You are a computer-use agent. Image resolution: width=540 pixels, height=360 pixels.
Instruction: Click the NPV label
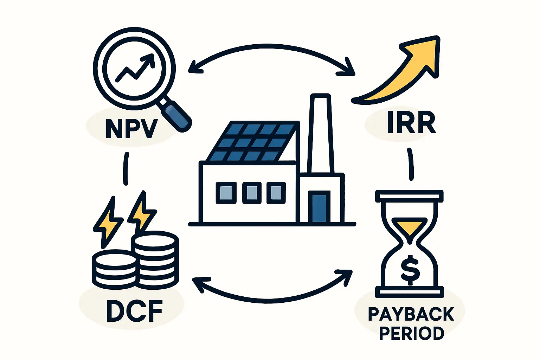click(131, 129)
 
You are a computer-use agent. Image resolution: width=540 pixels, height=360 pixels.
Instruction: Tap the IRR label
click(411, 123)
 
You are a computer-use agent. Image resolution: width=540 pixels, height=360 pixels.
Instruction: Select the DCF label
click(134, 311)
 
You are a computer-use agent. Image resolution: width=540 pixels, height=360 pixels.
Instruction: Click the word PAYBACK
click(411, 314)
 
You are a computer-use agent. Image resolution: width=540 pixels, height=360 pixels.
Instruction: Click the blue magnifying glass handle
click(177, 116)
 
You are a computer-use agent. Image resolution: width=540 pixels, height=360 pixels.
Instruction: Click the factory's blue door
click(319, 207)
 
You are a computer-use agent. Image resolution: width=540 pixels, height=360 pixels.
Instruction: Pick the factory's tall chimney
click(320, 134)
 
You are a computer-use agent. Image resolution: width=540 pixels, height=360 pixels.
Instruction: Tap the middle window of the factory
click(252, 193)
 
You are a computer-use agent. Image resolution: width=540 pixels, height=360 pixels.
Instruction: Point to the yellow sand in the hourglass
click(409, 226)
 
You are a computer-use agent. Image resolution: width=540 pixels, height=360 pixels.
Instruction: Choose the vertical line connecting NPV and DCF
click(126, 169)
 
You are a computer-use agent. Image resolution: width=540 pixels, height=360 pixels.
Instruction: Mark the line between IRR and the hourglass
click(410, 164)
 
